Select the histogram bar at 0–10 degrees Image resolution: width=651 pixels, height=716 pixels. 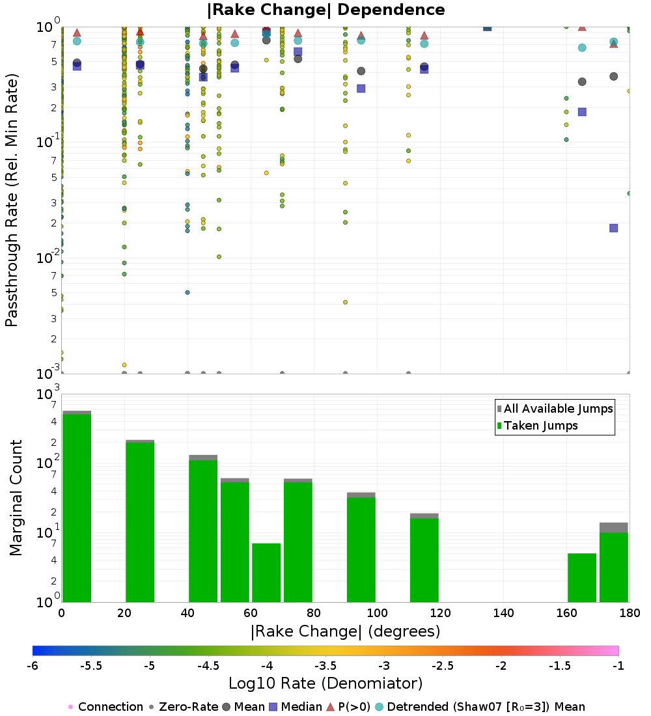(x=77, y=508)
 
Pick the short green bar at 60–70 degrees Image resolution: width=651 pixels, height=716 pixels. (x=266, y=572)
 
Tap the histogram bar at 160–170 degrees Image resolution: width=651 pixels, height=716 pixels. (x=582, y=577)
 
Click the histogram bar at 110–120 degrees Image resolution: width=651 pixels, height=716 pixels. (x=424, y=560)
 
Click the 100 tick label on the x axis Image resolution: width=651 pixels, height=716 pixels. (x=377, y=613)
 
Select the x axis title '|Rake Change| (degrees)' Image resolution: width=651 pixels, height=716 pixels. (x=345, y=631)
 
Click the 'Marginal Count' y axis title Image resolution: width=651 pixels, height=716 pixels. (x=16, y=498)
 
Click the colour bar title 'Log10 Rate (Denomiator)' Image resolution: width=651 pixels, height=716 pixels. (x=325, y=683)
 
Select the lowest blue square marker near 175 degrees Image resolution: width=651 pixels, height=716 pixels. (x=613, y=228)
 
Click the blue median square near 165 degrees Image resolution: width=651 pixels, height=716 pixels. (x=582, y=112)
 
